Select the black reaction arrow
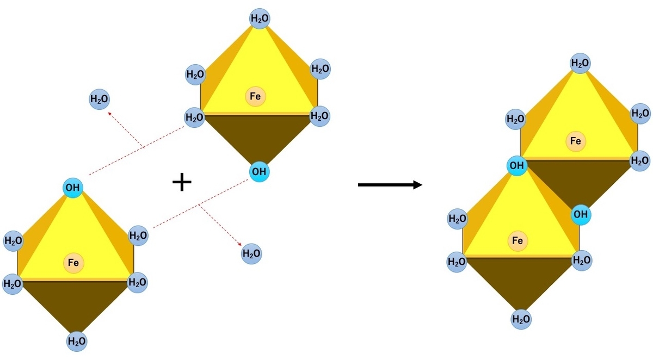coord(390,185)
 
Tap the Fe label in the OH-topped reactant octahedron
coord(73,263)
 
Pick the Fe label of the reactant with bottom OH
coord(255,97)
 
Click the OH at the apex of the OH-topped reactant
coord(72,188)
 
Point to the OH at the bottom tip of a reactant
coord(259,172)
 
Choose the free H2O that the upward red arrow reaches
coord(99,100)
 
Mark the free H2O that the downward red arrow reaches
coord(251,253)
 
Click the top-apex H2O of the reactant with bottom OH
coord(260,19)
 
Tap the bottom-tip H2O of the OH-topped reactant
coord(77,342)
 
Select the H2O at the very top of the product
coord(580,64)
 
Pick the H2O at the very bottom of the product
coord(521,319)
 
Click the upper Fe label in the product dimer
coord(575,142)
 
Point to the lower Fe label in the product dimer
coord(518,240)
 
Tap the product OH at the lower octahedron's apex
coord(516,165)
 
